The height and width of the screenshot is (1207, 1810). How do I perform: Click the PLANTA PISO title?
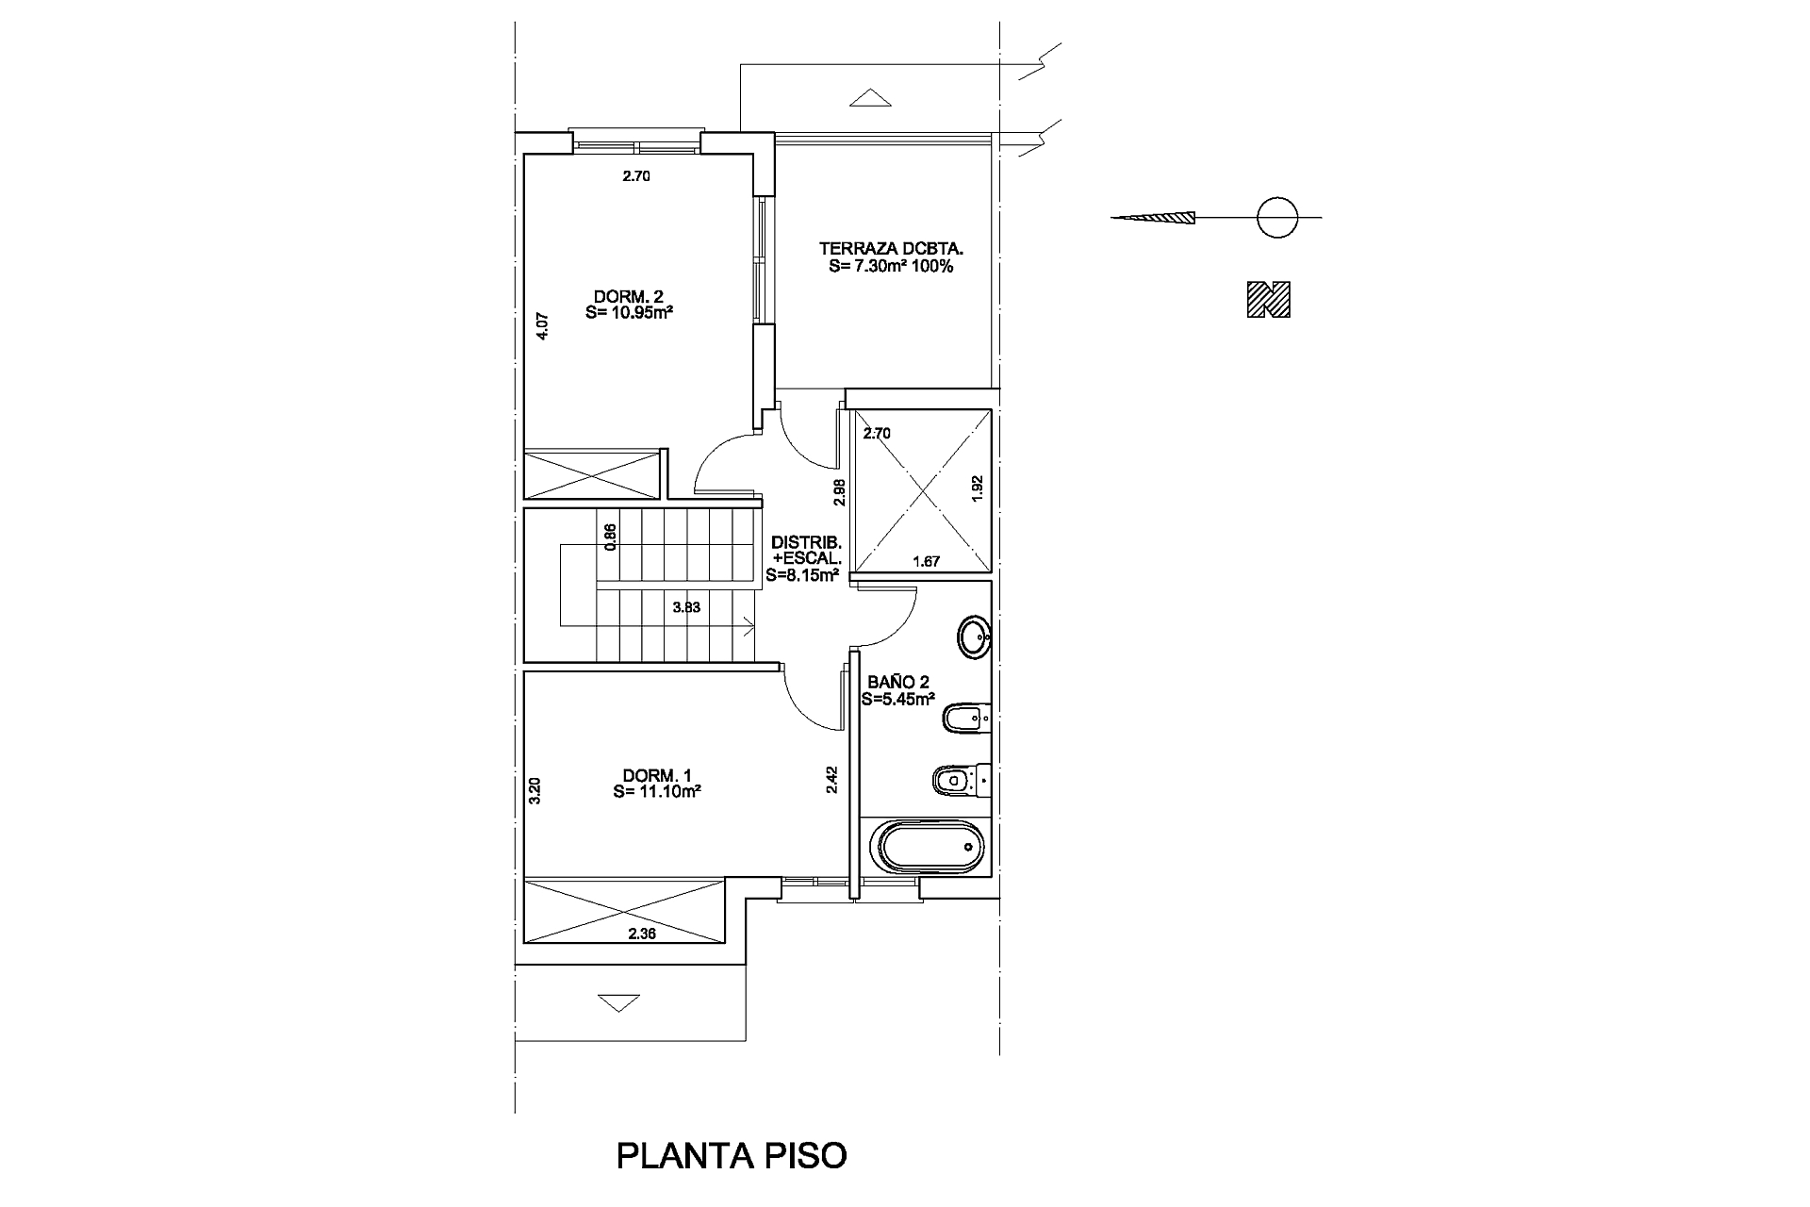tap(732, 1155)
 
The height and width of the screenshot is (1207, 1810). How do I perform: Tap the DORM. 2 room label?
tap(628, 305)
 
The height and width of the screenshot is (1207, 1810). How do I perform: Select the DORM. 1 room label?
tap(656, 784)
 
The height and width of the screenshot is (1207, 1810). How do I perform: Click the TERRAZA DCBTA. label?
tap(891, 257)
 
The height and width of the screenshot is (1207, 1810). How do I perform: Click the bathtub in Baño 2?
tap(930, 848)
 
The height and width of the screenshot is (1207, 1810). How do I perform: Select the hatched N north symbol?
tap(1268, 300)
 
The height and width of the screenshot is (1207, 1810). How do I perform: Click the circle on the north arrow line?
tap(1276, 218)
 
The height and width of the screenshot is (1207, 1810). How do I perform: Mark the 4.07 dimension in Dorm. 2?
tap(542, 326)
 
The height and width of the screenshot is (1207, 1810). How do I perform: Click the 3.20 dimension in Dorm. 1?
tap(535, 789)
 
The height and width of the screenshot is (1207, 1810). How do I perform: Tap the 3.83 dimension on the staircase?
tap(686, 608)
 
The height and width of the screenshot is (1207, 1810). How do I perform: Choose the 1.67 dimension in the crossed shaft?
tap(927, 562)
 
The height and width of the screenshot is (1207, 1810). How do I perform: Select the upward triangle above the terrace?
tap(869, 97)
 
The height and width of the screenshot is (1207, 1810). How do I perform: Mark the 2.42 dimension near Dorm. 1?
tap(832, 779)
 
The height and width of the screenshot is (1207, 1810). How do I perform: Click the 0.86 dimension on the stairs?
tap(611, 537)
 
